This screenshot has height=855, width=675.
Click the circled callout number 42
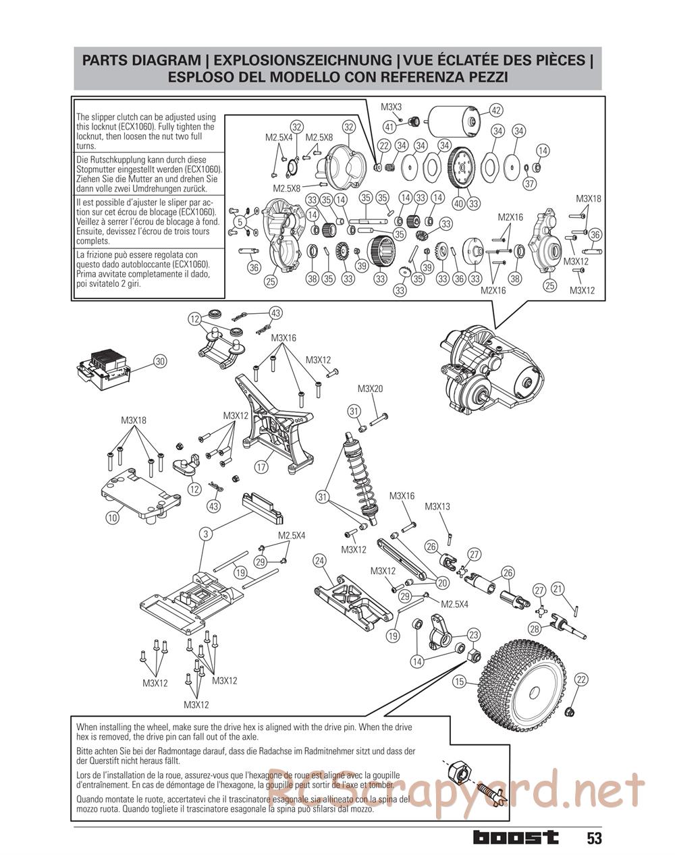pyautogui.click(x=496, y=111)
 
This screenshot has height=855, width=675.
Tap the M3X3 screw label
pyautogui.click(x=391, y=107)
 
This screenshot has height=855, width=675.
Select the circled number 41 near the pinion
pyautogui.click(x=389, y=126)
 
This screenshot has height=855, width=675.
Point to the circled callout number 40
pyautogui.click(x=458, y=202)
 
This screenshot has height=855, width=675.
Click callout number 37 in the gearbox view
pyautogui.click(x=530, y=183)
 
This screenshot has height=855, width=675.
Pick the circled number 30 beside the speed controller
pyautogui.click(x=160, y=362)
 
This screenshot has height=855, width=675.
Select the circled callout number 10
pyautogui.click(x=112, y=518)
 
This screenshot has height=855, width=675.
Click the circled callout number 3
pyautogui.click(x=207, y=534)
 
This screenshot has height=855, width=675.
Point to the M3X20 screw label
pyautogui.click(x=370, y=389)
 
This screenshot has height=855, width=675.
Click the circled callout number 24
pyautogui.click(x=320, y=561)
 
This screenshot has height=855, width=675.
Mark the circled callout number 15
pyautogui.click(x=460, y=682)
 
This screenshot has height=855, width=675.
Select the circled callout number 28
pyautogui.click(x=535, y=628)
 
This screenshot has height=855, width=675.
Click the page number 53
pyautogui.click(x=594, y=838)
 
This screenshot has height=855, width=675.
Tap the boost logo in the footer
pyautogui.click(x=516, y=837)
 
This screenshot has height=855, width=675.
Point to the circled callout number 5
pyautogui.click(x=239, y=221)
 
